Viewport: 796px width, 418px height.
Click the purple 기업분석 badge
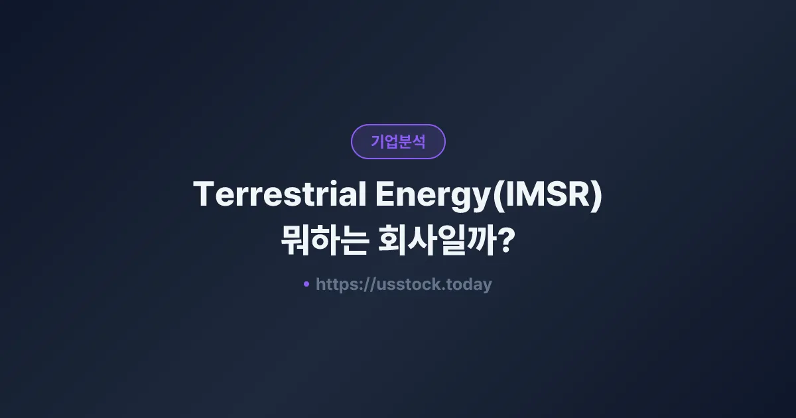coord(398,141)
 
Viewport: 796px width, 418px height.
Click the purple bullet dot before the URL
coord(306,284)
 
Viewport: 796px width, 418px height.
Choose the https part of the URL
coord(338,285)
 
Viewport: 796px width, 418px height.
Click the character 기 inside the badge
coord(377,141)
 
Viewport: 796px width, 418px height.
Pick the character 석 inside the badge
coord(419,141)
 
